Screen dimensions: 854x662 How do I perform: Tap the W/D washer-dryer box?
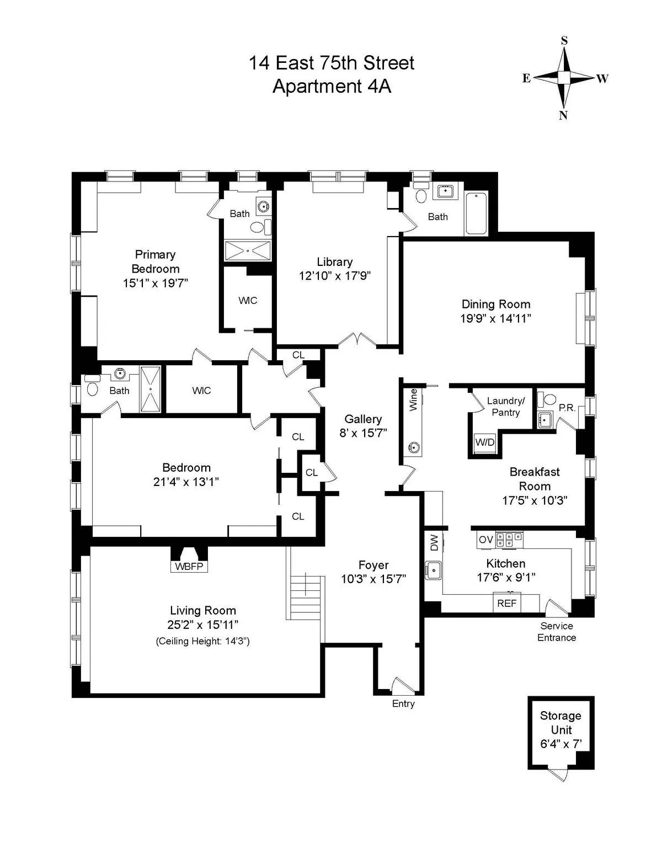click(485, 442)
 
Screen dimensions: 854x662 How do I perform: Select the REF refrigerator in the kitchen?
click(506, 603)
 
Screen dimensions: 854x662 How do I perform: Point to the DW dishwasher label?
click(434, 543)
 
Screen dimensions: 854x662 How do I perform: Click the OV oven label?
click(485, 540)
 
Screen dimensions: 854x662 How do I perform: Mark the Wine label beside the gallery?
click(413, 400)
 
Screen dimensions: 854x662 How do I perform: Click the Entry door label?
click(403, 703)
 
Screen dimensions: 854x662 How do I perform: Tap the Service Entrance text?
click(557, 632)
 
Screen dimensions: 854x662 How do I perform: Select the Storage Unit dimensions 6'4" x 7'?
click(560, 744)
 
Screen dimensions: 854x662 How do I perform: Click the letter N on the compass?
click(563, 115)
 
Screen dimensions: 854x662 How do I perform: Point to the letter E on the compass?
click(526, 78)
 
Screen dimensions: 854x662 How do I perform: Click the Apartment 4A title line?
click(332, 87)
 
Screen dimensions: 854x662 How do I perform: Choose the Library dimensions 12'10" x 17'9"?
click(334, 276)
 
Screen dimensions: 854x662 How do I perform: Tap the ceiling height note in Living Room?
click(202, 641)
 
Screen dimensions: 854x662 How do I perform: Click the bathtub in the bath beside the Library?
click(476, 214)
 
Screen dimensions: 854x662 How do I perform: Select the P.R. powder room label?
click(567, 408)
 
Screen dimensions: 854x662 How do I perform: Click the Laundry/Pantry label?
click(505, 407)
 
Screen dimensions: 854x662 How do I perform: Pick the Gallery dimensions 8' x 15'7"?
click(363, 433)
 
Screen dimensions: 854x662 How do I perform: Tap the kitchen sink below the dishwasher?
click(434, 569)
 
